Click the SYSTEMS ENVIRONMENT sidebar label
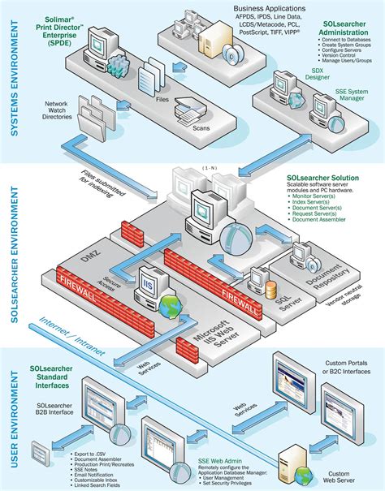(x=11, y=82)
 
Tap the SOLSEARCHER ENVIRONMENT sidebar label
(x=11, y=252)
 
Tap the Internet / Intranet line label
(x=63, y=330)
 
